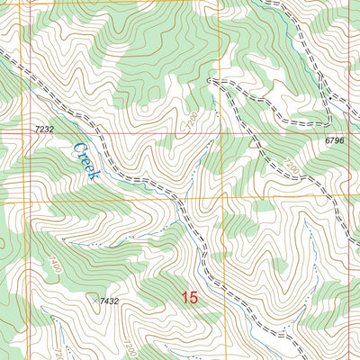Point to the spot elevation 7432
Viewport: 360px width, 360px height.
(x=110, y=301)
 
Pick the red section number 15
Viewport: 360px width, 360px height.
(x=189, y=298)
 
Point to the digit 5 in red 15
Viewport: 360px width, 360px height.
(x=193, y=298)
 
